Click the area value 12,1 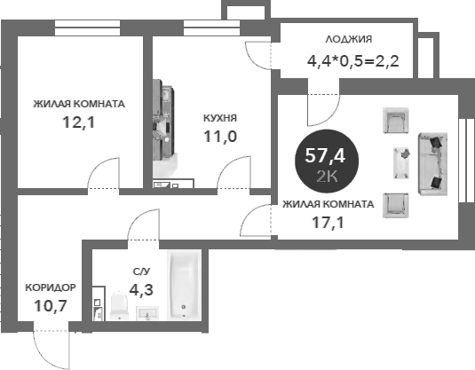(x=79, y=122)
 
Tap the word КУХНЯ (x=220, y=118)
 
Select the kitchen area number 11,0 (x=220, y=137)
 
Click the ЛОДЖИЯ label (x=349, y=39)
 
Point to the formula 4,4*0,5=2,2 (x=352, y=61)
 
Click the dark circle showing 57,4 (x=327, y=161)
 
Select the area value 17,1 (x=329, y=223)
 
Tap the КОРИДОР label (x=51, y=287)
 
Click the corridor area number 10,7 (x=51, y=306)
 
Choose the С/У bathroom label (x=141, y=272)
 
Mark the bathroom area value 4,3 (x=141, y=290)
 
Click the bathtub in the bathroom (x=184, y=285)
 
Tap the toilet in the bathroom (x=119, y=306)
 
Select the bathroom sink (x=147, y=313)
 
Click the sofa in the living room (x=433, y=164)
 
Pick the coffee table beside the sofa (x=401, y=163)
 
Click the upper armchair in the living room (x=396, y=120)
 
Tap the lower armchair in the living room (x=396, y=206)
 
